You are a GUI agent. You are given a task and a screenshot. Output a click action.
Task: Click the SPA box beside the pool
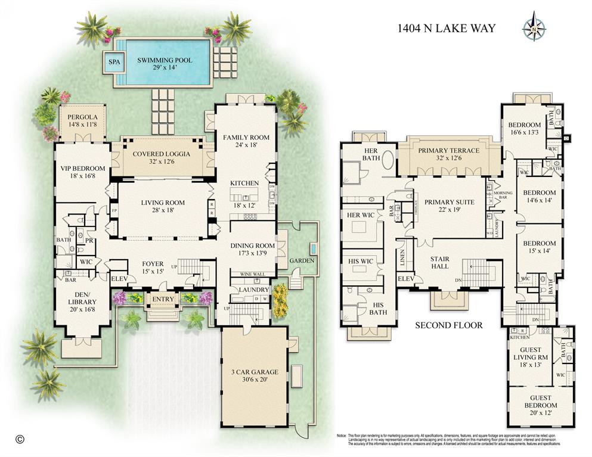pos(112,61)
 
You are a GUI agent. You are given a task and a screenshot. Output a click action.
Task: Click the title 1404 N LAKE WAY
pos(446,28)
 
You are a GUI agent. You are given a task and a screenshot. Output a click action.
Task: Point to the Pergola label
pos(82,121)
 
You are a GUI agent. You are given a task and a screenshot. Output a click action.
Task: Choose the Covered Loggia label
pos(161,157)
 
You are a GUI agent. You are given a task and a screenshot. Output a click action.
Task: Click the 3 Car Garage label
pos(254,376)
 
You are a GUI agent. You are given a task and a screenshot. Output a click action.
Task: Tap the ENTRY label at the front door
pos(163,300)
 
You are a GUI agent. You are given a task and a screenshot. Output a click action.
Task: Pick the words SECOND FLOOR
pos(448,325)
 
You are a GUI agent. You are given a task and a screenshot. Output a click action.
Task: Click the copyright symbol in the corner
pos(19,439)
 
